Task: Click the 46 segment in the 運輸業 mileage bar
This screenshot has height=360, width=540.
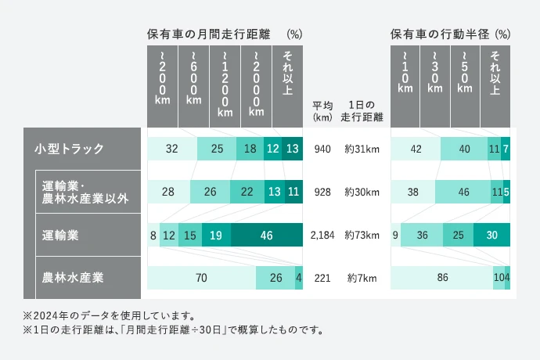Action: tap(266, 234)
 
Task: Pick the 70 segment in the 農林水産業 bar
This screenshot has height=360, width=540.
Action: tap(201, 277)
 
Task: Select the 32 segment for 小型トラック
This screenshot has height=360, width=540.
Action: tap(172, 149)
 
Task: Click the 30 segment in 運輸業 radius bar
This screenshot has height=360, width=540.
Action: tap(491, 234)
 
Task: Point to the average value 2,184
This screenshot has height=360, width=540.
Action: tap(322, 234)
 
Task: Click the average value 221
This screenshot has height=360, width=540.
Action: tap(322, 277)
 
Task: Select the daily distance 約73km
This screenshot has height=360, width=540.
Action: tap(362, 234)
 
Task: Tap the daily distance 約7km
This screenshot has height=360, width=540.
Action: tap(362, 277)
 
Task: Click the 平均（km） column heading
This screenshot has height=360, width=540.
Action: tap(322, 111)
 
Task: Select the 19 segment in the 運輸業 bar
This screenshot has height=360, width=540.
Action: tap(216, 234)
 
